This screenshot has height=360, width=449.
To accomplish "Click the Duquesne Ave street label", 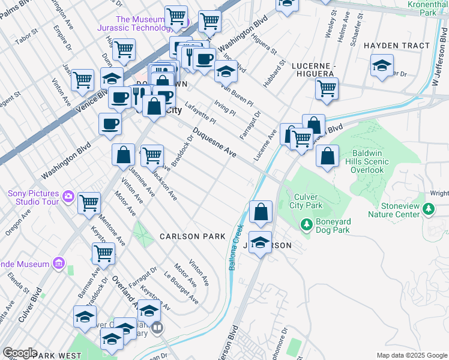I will (x=214, y=144).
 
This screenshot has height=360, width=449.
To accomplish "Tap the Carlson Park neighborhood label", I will (x=192, y=236).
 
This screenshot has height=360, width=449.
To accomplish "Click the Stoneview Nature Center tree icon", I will (x=429, y=209).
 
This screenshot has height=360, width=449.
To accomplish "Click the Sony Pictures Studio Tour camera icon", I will (x=68, y=196).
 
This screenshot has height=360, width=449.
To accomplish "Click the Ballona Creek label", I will (x=236, y=247).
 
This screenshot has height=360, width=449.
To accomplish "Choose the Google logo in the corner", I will (x=19, y=353).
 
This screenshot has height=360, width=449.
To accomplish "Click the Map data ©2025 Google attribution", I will (x=411, y=355).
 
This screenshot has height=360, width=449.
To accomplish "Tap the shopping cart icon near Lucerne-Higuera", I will (x=327, y=88).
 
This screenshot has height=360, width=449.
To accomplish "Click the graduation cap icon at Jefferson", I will (x=260, y=243).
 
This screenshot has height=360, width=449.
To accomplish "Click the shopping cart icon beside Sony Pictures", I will (x=89, y=203).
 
